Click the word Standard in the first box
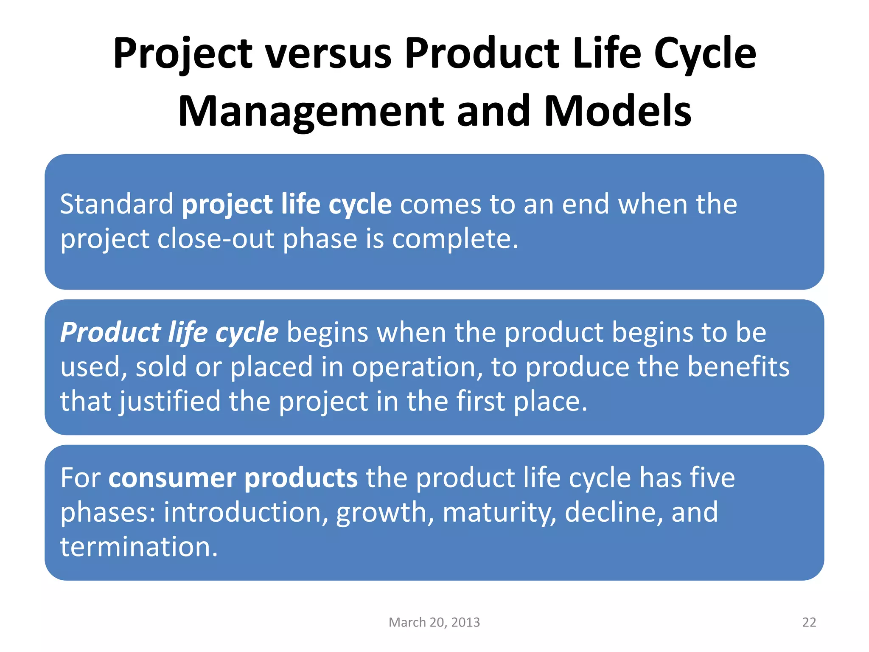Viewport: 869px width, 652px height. tap(117, 204)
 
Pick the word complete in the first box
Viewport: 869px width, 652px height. tap(454, 239)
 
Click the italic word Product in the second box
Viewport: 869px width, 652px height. tap(110, 332)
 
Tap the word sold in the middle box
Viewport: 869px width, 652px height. tap(161, 367)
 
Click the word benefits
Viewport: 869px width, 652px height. tap(738, 367)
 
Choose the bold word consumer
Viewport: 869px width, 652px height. tap(172, 478)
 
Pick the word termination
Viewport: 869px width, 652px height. tap(138, 547)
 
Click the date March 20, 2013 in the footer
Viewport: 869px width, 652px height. tap(434, 622)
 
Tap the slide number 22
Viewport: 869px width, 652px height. tap(809, 622)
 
